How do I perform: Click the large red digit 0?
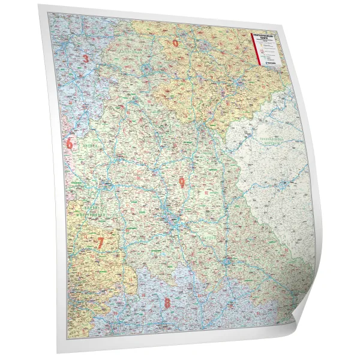(176, 43)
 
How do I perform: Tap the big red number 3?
(86, 58)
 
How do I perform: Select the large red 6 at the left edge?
(70, 144)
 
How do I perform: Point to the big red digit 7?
(100, 243)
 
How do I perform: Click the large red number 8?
(167, 303)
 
